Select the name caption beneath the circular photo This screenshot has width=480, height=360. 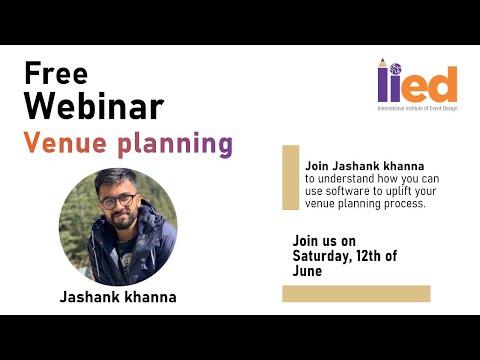click(x=118, y=298)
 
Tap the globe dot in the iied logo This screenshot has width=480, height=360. click(x=394, y=70)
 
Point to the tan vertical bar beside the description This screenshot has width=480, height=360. click(x=290, y=178)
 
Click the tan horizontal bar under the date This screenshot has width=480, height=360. click(x=355, y=293)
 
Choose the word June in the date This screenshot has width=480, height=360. click(x=307, y=271)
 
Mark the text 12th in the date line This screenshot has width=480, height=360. click(x=369, y=256)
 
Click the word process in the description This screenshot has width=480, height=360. click(x=404, y=203)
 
